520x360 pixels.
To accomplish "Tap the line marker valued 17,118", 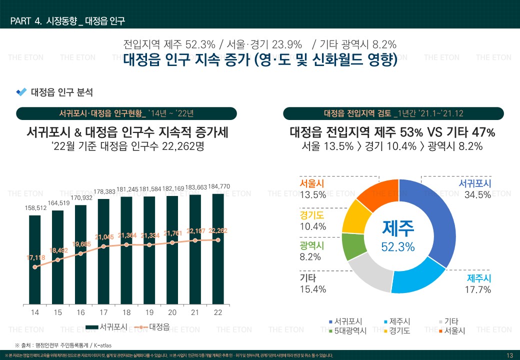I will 34,267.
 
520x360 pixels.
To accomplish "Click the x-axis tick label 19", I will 149,312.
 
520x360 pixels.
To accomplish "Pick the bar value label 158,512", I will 34,207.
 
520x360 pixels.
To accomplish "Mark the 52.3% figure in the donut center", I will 398,247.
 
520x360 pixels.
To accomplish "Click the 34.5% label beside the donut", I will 477,195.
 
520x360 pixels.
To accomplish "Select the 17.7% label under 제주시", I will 477,289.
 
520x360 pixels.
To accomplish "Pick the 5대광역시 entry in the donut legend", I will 350,331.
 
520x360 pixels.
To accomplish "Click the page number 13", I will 509,355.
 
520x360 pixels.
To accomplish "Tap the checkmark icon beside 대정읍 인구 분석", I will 21,92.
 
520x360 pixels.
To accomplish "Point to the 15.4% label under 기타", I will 313,289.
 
